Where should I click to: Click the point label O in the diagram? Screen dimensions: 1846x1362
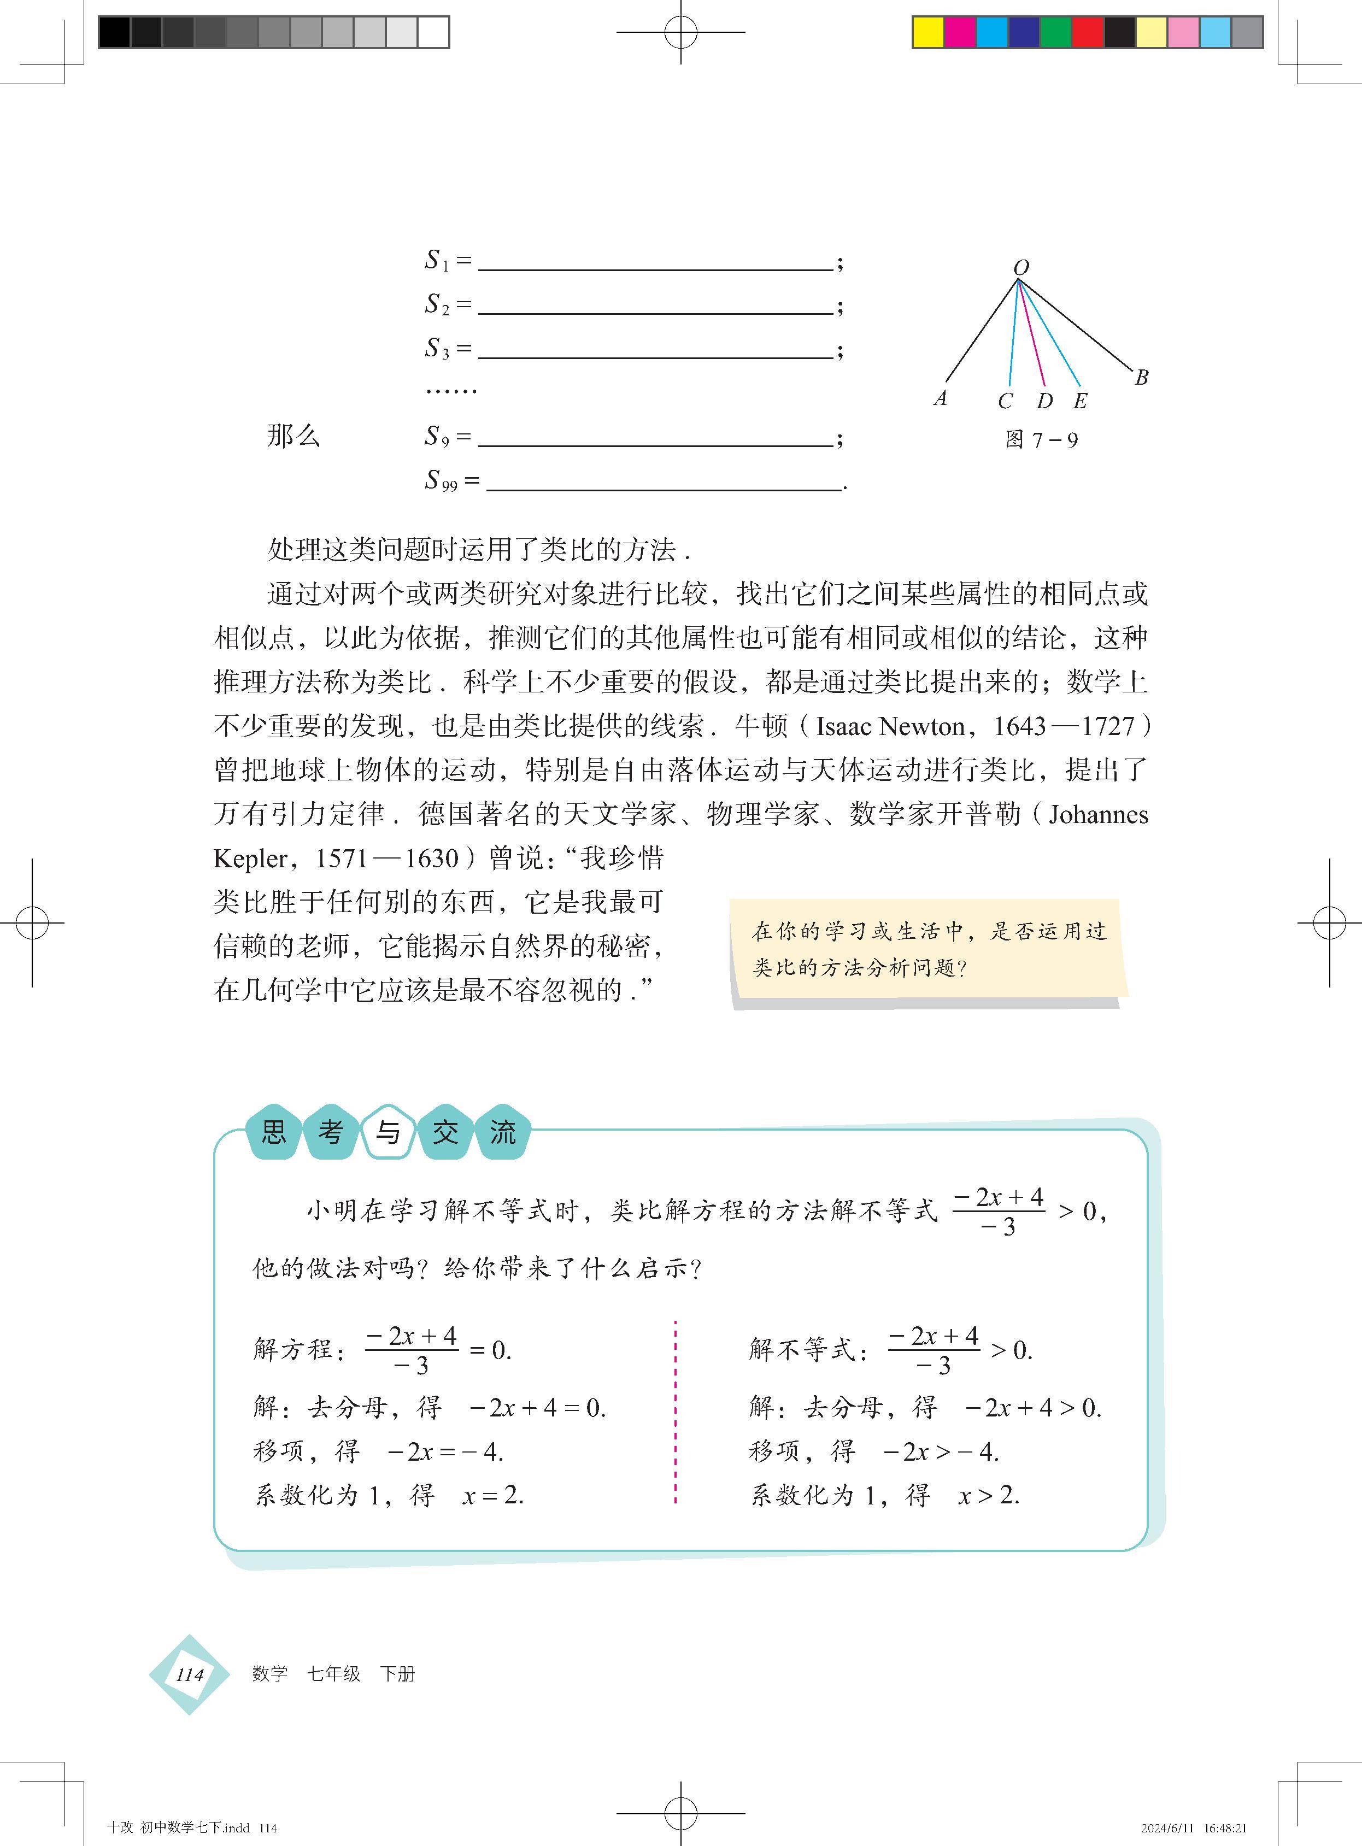click(x=1020, y=268)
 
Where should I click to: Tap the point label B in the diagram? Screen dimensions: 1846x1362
click(x=1141, y=378)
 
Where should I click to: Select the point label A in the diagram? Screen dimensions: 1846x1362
click(x=940, y=398)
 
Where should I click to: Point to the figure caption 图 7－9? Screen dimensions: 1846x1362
click(x=1041, y=440)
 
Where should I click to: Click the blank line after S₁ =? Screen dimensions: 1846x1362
click(x=655, y=269)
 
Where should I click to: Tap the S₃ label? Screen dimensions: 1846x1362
click(x=437, y=349)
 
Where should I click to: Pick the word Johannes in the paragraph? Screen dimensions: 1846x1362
click(x=1098, y=814)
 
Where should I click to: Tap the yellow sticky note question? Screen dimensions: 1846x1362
click(x=929, y=949)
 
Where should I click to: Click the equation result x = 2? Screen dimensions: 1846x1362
click(x=493, y=1495)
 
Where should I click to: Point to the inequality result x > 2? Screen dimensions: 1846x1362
click(x=989, y=1495)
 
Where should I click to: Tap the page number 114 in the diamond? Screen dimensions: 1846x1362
click(x=190, y=1674)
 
